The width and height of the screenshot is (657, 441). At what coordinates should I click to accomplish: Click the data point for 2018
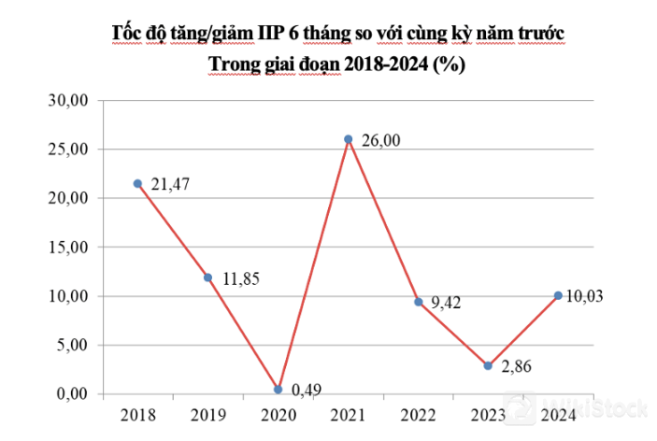point(137,184)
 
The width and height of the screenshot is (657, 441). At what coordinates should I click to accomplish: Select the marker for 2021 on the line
point(349,139)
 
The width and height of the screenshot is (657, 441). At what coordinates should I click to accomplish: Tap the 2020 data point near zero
point(278,389)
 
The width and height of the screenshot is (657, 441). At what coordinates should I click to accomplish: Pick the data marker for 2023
point(488,365)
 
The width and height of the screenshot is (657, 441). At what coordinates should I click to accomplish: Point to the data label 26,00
point(381,141)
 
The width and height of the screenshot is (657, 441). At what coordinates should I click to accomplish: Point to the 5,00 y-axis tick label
point(71,346)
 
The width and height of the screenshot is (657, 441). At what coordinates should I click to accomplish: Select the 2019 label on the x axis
point(207,413)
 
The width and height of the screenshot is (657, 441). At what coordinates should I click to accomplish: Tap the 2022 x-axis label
point(418,413)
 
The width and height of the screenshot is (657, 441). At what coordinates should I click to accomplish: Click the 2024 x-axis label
point(558,413)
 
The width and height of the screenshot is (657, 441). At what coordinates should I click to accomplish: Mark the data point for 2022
point(419,302)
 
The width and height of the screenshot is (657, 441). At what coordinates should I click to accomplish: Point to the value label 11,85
point(241,277)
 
